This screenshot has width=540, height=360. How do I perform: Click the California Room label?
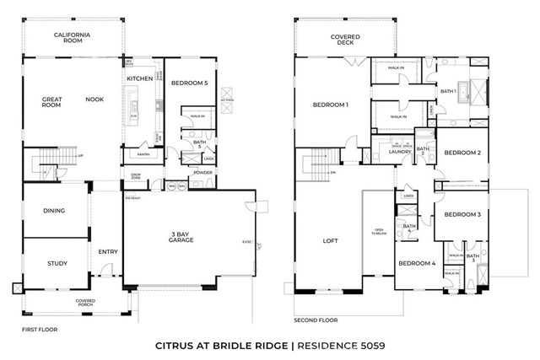pos(73,38)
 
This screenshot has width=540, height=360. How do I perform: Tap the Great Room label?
pos(53,103)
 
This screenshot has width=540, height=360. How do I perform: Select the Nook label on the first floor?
pos(94,99)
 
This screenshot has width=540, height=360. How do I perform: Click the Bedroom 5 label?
pos(190,83)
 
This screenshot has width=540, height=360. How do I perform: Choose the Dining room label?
pos(54,211)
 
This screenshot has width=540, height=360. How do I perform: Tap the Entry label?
pos(108,251)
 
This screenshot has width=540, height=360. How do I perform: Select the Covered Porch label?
pos(84,302)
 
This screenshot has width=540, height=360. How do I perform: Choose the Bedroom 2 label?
pos(462,153)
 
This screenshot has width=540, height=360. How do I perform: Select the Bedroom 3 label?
pos(462,214)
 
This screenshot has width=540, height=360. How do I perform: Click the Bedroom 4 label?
pos(417,263)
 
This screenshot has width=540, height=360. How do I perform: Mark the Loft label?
pos(330,241)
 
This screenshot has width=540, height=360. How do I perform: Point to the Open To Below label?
pos(379,231)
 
